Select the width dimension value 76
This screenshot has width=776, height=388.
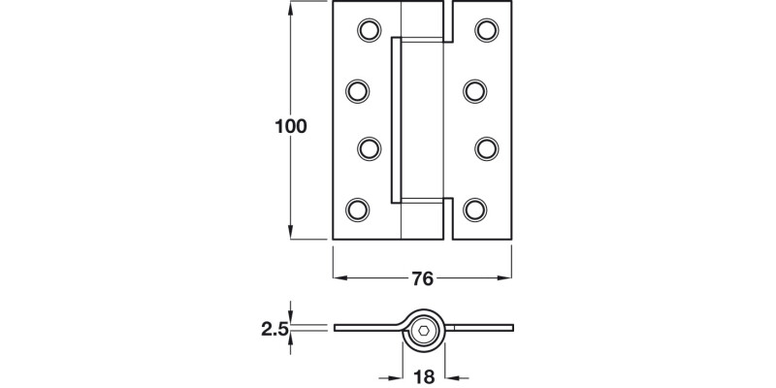coord(421,279)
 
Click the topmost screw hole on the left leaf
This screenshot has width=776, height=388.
coord(369,31)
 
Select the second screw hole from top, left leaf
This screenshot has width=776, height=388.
coord(357,91)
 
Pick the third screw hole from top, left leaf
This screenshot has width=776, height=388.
coord(369,147)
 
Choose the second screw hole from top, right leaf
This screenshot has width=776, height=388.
coord(473,91)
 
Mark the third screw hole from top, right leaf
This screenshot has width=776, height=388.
coord(485,147)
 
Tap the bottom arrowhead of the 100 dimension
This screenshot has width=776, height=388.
coord(290,233)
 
